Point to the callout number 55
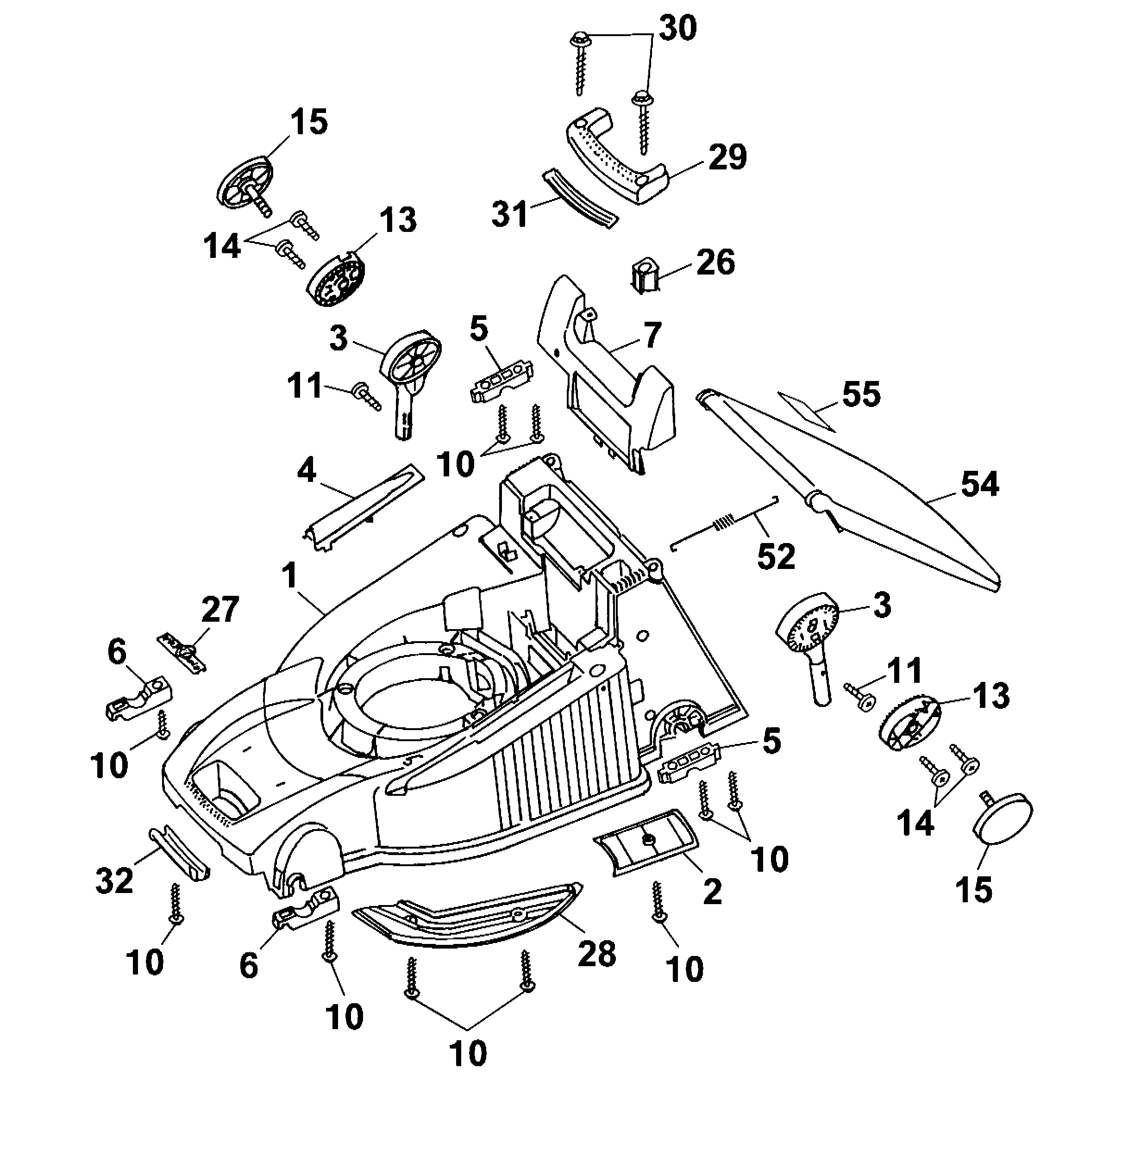tap(861, 394)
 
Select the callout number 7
tap(652, 335)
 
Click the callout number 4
tap(307, 470)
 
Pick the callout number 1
tap(290, 575)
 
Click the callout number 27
tap(220, 610)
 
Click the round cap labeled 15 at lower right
tap(1003, 816)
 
